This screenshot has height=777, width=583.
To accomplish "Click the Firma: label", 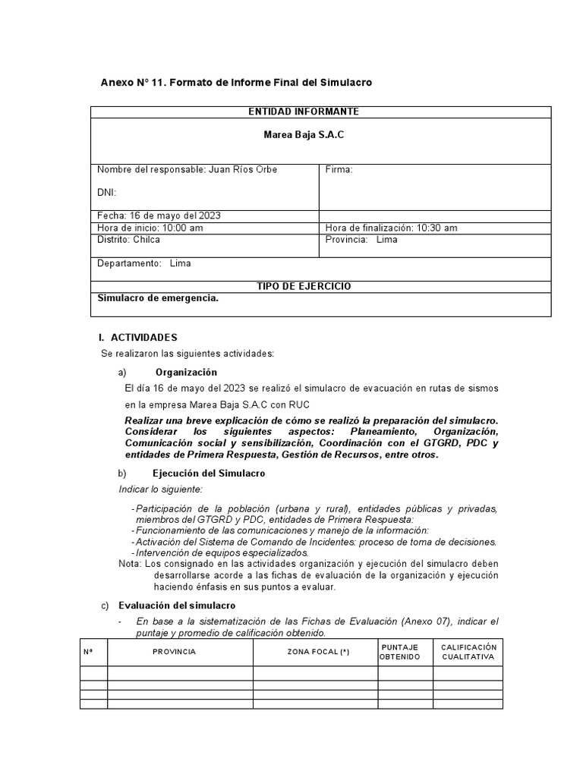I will [x=339, y=169].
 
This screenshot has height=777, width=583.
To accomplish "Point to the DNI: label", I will [x=106, y=193].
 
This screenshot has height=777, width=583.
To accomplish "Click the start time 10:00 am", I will [x=181, y=228].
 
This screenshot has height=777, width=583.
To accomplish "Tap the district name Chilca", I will [x=147, y=239].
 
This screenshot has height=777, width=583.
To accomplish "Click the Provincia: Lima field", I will [x=361, y=239].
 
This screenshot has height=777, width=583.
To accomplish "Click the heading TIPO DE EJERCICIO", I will [x=303, y=286].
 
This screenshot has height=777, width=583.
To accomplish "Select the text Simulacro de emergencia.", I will [x=158, y=298].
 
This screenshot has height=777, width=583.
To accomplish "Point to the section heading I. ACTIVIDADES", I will [x=138, y=337].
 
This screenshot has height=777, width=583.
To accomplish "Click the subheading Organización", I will [x=186, y=372].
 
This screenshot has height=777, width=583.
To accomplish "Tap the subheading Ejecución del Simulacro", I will [x=209, y=473].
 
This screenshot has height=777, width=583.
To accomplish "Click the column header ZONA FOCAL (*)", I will [x=318, y=652].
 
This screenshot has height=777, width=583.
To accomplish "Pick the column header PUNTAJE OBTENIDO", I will [x=399, y=652].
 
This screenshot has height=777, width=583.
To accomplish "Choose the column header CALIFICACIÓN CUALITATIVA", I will [x=468, y=652].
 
